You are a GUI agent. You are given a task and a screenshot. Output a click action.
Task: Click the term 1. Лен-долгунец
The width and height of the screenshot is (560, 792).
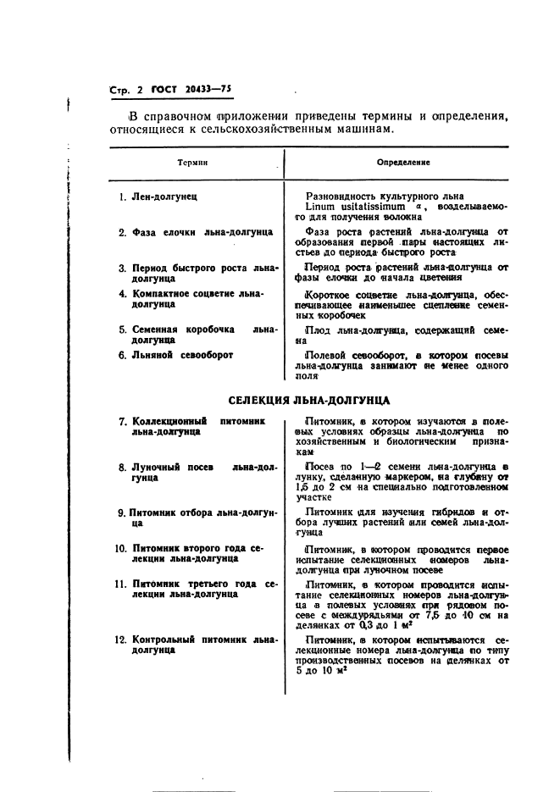(158, 197)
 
